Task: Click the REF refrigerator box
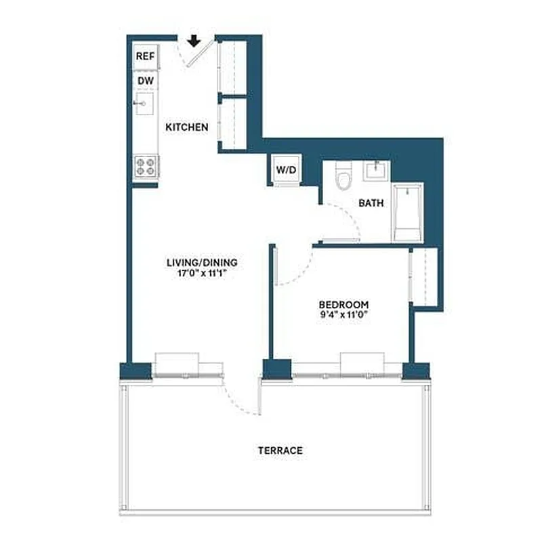pyautogui.click(x=145, y=56)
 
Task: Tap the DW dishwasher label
pyautogui.click(x=144, y=81)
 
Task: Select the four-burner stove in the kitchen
pyautogui.click(x=145, y=166)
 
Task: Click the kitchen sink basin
pyautogui.click(x=145, y=105)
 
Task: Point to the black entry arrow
pyautogui.click(x=194, y=41)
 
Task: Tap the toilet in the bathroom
pyautogui.click(x=345, y=178)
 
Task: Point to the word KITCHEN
pyautogui.click(x=187, y=127)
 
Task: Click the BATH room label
pyautogui.click(x=371, y=203)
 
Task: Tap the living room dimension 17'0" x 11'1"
pyautogui.click(x=202, y=274)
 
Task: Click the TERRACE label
pyautogui.click(x=280, y=450)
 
